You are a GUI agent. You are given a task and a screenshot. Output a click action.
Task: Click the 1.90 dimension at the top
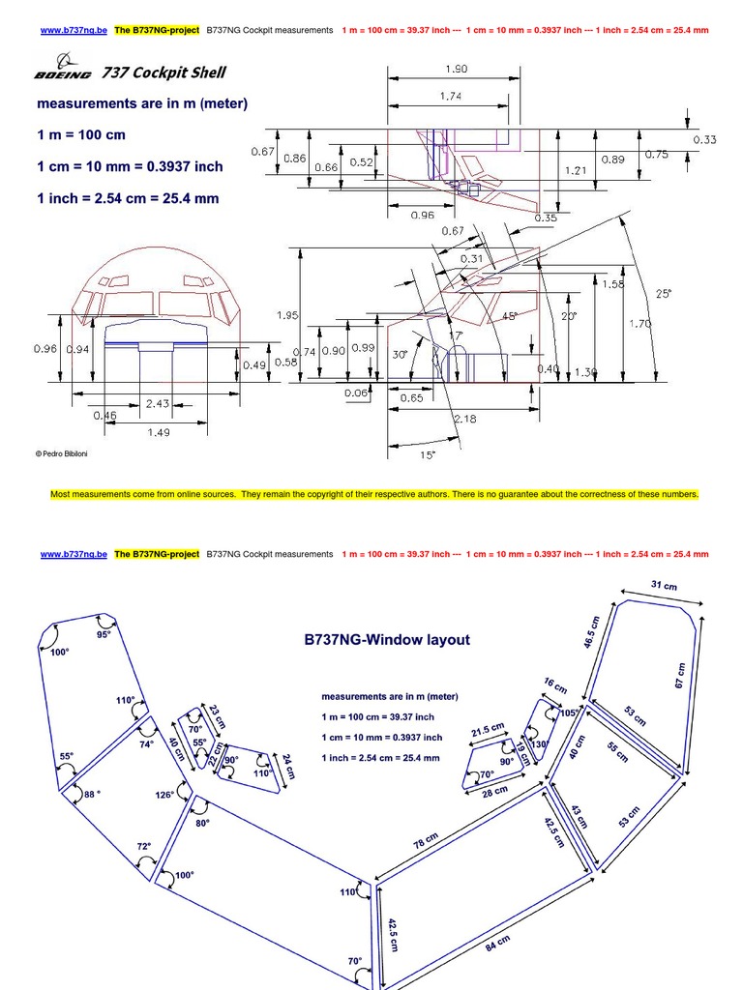(x=456, y=70)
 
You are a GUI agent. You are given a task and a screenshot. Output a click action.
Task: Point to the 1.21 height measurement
(x=577, y=170)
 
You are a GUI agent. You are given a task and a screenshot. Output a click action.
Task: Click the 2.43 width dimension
(x=157, y=402)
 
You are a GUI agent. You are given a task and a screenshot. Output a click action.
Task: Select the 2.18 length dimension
(x=465, y=419)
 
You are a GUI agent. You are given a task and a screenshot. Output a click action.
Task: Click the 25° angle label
(x=663, y=294)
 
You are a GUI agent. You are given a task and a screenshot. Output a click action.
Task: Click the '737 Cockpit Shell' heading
(x=164, y=73)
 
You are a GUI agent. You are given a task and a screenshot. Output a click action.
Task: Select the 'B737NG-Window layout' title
(x=387, y=639)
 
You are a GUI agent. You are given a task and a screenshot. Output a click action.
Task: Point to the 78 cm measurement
(x=426, y=840)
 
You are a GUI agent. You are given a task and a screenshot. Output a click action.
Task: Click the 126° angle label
(x=164, y=794)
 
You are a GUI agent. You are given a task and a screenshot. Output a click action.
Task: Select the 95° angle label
(x=104, y=634)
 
